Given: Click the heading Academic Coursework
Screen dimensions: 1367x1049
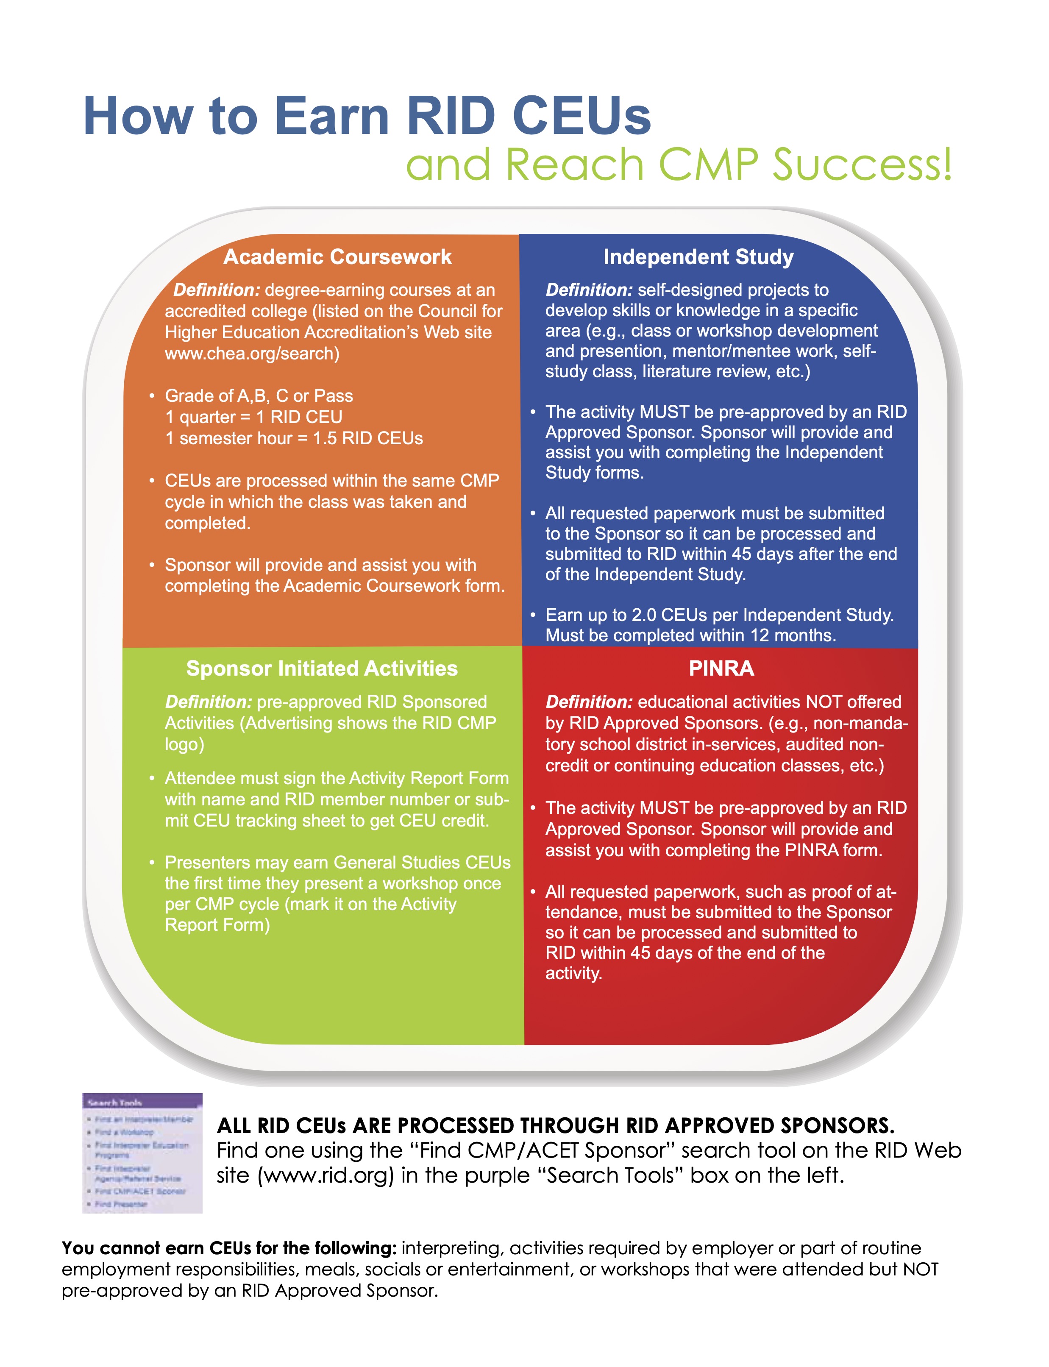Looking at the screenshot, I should click(337, 257).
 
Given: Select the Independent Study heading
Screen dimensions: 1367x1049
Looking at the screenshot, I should click(698, 257).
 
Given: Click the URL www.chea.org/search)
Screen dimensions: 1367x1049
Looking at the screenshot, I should click(252, 354).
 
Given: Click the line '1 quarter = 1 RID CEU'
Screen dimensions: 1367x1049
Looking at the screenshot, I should click(253, 417).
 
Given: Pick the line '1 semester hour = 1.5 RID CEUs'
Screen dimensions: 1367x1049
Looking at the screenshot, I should click(293, 438).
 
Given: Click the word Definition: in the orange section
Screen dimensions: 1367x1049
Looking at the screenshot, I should click(216, 290).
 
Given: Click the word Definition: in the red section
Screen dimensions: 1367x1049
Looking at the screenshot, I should click(589, 702).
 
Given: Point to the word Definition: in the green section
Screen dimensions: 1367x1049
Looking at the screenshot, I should click(209, 702).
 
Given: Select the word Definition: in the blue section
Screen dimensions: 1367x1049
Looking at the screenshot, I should click(589, 290).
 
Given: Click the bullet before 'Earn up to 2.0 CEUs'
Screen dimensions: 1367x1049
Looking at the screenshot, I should click(533, 615).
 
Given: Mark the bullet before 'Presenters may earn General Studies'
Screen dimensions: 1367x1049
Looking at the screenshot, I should click(152, 863).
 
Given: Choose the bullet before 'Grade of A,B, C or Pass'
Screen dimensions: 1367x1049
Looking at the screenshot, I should click(152, 396).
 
